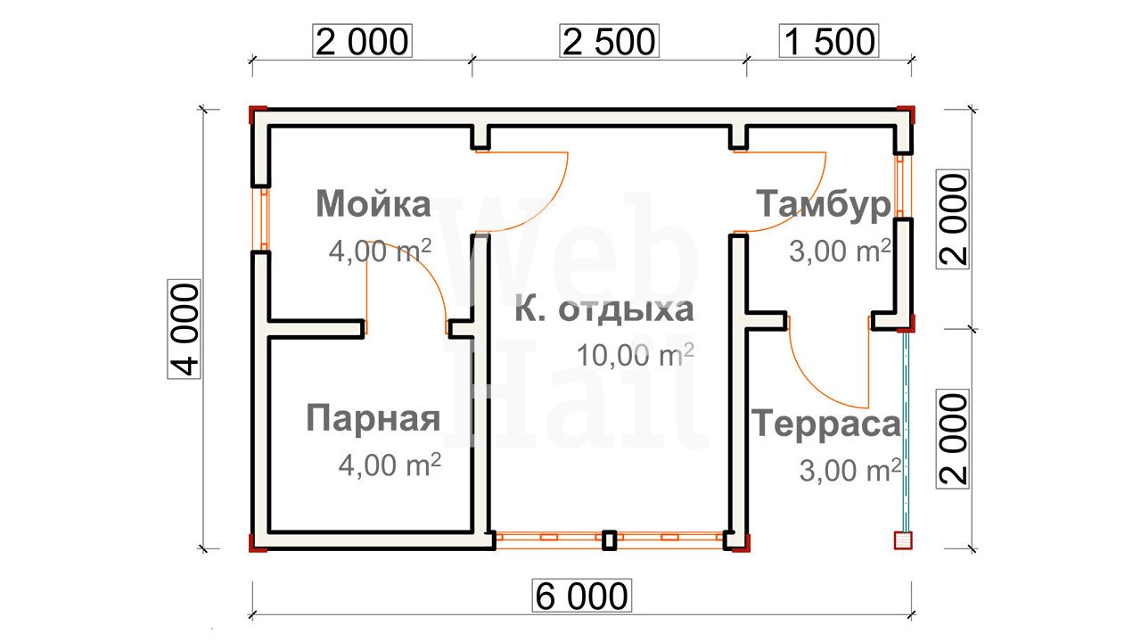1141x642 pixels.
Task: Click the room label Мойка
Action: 373,204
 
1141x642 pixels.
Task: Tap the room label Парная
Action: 373,418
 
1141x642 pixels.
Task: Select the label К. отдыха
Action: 604,309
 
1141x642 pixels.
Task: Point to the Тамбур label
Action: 823,204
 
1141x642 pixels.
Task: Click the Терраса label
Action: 826,424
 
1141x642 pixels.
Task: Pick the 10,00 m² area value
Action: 636,355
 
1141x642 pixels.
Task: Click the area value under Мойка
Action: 380,251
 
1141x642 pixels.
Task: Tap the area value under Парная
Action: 390,465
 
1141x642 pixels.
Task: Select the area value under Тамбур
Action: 840,251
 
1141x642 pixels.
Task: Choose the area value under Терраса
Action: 850,470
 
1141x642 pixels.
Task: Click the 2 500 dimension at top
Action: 609,41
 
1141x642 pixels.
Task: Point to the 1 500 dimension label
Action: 829,41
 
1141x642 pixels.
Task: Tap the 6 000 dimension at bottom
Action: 582,596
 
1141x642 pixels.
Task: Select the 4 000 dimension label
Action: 184,330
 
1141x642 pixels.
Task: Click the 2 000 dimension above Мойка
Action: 362,41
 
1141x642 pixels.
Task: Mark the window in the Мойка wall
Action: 265,219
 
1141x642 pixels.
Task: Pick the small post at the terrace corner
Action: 903,540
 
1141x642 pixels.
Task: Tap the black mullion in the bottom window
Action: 609,540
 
